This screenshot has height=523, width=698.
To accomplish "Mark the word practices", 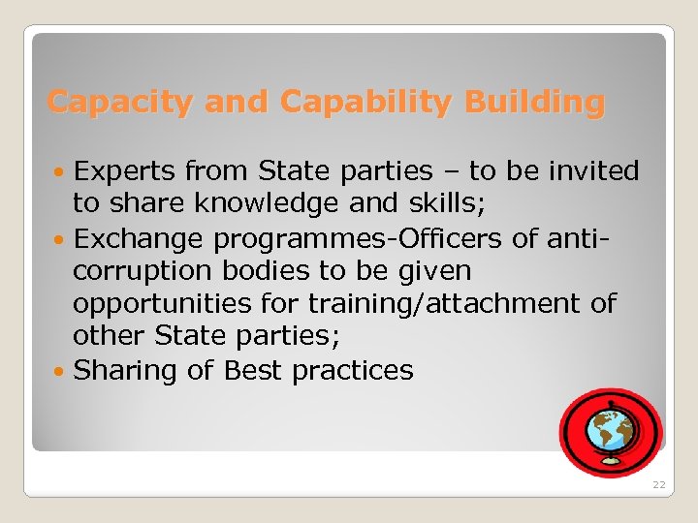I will [x=353, y=370].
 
